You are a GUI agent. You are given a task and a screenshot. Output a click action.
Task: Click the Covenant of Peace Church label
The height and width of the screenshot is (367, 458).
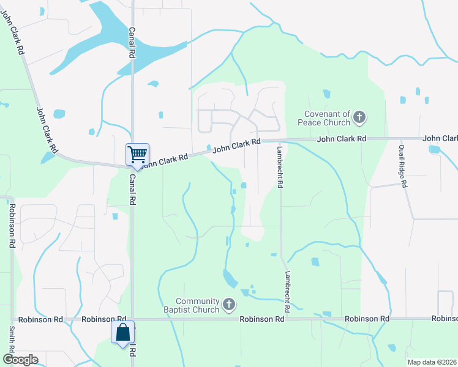tap(328, 117)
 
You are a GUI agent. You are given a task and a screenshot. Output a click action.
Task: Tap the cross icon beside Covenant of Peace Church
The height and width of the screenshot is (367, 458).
tap(359, 116)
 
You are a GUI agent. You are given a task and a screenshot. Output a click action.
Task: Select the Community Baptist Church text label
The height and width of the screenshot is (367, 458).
tap(197, 305)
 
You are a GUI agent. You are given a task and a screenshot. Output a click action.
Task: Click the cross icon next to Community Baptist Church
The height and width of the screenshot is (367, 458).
tap(229, 304)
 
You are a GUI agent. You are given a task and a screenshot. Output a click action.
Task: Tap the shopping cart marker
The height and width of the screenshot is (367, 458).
tap(137, 154)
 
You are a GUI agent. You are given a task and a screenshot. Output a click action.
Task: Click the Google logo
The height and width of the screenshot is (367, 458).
tap(20, 360)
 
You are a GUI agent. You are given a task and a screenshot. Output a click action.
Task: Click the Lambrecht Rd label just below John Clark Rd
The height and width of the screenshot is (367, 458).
tap(279, 166)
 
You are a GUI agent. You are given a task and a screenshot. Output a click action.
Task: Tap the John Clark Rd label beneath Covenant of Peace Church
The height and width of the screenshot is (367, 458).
tap(341, 139)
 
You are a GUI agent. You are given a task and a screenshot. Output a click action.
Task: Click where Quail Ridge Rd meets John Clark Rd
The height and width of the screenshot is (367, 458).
tap(397, 139)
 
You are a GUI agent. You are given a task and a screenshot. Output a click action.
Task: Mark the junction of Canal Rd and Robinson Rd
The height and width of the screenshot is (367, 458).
tap(132, 319)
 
